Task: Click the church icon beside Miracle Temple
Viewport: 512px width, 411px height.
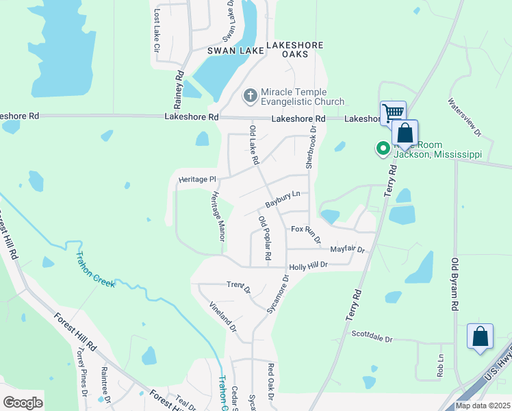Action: click(x=251, y=97)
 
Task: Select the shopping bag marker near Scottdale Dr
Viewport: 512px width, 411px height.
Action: click(x=480, y=336)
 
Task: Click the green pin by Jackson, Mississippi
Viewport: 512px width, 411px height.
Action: click(x=383, y=148)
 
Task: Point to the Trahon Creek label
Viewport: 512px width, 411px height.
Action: click(x=96, y=270)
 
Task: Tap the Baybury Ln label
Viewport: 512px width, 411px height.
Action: click(x=283, y=199)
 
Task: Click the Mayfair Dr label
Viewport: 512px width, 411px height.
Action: click(x=347, y=250)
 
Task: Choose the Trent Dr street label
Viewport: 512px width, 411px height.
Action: click(x=239, y=284)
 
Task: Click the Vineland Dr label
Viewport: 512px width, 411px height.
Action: click(x=222, y=317)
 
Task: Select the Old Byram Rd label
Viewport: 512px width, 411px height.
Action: click(x=453, y=284)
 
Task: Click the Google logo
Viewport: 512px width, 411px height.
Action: click(x=23, y=403)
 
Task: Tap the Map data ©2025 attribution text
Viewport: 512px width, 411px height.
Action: click(x=482, y=406)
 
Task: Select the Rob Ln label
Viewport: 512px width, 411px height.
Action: click(x=439, y=366)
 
